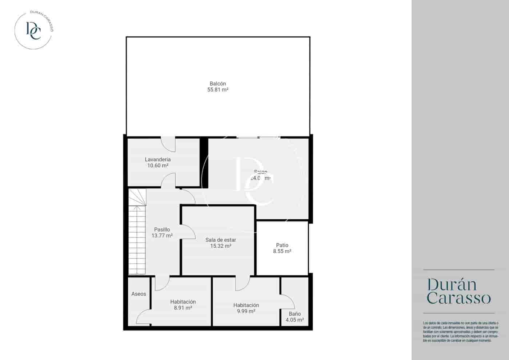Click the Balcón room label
tap(217, 84)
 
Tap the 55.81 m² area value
tap(217, 90)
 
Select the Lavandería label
tap(157, 160)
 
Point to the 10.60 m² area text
tap(157, 166)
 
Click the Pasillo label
tap(162, 229)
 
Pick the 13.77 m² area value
tap(162, 236)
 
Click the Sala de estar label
tap(221, 240)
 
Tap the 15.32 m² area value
tap(221, 246)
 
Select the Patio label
tap(282, 245)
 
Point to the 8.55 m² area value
tap(282, 251)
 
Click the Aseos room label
tap(139, 294)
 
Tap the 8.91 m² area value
tap(183, 308)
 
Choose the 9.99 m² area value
tap(246, 311)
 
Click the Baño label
tap(295, 314)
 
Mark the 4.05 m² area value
tap(295, 320)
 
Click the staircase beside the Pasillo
tap(137, 236)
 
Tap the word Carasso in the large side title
tap(459, 298)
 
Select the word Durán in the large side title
tap(452, 284)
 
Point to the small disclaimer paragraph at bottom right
tap(460, 332)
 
